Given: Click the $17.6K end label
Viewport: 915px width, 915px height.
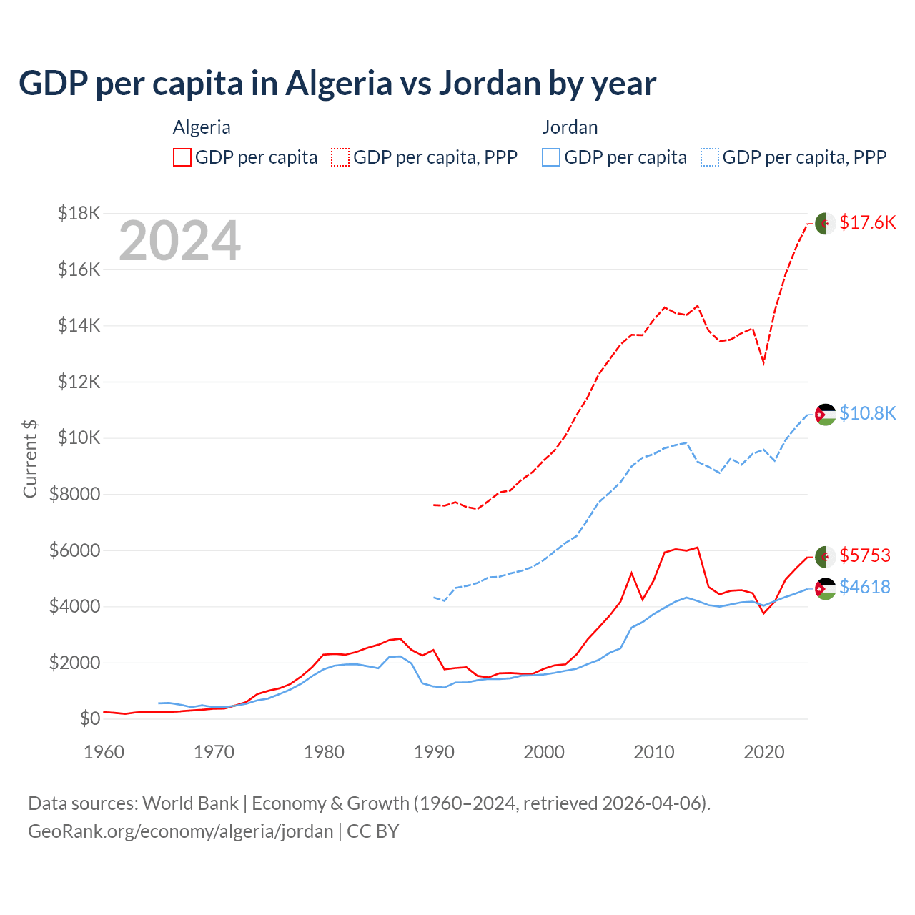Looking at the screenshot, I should click(x=867, y=222).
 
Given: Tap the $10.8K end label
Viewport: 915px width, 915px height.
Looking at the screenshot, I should click(x=867, y=413).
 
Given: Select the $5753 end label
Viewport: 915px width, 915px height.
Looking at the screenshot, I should click(x=864, y=555).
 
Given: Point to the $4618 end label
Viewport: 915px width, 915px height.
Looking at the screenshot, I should click(x=864, y=587).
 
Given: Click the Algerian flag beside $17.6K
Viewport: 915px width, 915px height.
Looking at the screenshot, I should click(x=826, y=223).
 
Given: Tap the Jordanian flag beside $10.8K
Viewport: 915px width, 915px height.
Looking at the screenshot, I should click(x=826, y=415).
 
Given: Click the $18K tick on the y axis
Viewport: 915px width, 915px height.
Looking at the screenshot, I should click(x=79, y=213).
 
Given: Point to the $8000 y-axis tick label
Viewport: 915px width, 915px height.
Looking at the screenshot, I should click(x=74, y=494).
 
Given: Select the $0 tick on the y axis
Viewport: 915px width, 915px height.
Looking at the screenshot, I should click(x=89, y=718).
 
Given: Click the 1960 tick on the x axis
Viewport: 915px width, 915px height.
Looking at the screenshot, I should click(x=104, y=752).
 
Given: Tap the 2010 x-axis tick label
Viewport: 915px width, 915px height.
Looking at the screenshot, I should click(x=654, y=752).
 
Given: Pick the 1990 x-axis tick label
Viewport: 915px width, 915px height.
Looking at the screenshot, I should click(x=434, y=752).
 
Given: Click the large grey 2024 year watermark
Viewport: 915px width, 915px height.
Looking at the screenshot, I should click(x=179, y=241).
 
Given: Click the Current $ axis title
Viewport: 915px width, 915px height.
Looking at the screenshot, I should click(x=30, y=458).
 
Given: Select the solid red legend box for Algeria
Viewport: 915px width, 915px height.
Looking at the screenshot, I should click(x=182, y=157).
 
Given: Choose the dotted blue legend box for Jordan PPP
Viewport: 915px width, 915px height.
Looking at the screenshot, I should click(x=710, y=157).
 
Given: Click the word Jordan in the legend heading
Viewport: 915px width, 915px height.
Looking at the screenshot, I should click(x=570, y=127).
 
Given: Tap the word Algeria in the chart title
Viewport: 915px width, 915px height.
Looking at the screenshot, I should click(x=338, y=83).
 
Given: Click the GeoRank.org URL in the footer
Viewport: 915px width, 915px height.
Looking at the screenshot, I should click(x=180, y=831).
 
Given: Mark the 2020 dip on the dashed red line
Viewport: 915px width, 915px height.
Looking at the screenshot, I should click(x=763, y=362).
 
